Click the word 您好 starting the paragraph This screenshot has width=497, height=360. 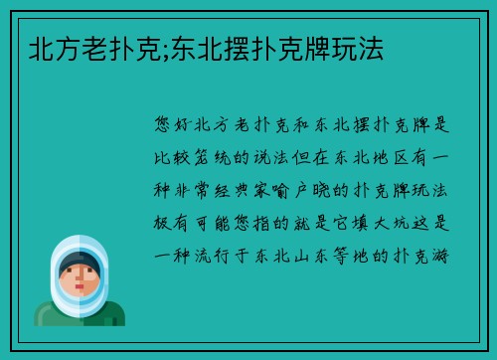[178, 125]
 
